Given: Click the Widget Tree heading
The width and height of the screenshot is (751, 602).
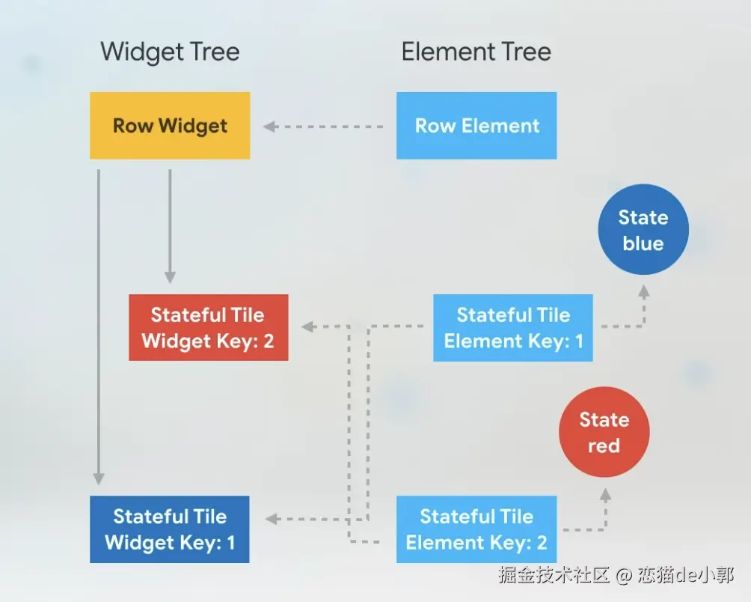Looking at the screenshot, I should tap(170, 52).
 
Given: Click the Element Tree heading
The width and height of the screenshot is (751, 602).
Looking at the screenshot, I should tap(476, 52).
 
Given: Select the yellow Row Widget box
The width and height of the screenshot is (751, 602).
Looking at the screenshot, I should tap(170, 125).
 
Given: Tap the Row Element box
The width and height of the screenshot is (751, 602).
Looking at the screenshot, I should tap(476, 125).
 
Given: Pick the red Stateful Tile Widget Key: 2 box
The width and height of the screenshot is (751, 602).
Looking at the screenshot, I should tap(208, 327).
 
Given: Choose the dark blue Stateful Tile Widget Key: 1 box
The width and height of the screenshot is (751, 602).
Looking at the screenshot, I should tap(169, 529).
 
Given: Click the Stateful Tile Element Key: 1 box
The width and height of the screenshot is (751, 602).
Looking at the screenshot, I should tap(513, 327).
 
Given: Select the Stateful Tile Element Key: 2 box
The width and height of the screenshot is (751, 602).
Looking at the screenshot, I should tap(476, 529).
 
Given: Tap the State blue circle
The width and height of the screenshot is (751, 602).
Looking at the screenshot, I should tap(643, 230).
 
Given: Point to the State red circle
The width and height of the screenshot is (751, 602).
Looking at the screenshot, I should tap(604, 432).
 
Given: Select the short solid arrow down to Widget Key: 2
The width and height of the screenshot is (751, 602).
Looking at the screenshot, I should tap(170, 225).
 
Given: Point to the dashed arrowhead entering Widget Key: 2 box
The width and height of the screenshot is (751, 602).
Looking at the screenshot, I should tap(307, 326).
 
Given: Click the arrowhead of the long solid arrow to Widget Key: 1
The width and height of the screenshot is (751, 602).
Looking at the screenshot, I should tap(98, 478).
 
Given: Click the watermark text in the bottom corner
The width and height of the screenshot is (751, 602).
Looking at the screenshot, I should tap(616, 575).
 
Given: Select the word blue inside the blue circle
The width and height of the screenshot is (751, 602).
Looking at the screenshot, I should tap(643, 243).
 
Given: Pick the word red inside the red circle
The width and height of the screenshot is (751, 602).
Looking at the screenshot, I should tap(604, 446).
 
